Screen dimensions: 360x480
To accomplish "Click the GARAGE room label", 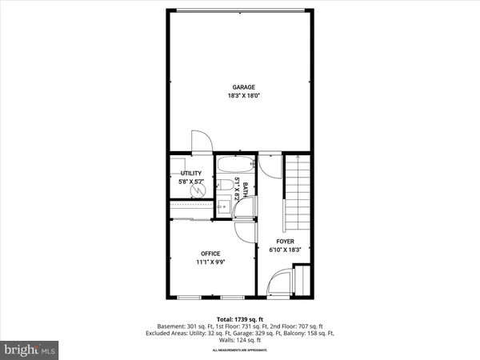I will coord(244,87).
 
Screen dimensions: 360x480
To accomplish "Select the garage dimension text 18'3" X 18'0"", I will coord(244,96).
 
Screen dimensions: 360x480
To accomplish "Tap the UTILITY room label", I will coord(190,173).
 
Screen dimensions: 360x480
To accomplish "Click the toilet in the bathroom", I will coord(227,186).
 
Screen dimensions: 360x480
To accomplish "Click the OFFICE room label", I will coord(210,254).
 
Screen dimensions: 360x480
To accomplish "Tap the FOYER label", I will coord(286,242).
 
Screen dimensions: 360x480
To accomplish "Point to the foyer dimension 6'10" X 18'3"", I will coord(286,250).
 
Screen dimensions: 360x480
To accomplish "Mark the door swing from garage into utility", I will coord(201,141).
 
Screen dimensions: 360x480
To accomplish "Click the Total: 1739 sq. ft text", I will coord(240,320).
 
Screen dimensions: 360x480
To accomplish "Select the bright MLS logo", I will coord(30,350).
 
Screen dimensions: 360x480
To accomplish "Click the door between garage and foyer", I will coord(270,165).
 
